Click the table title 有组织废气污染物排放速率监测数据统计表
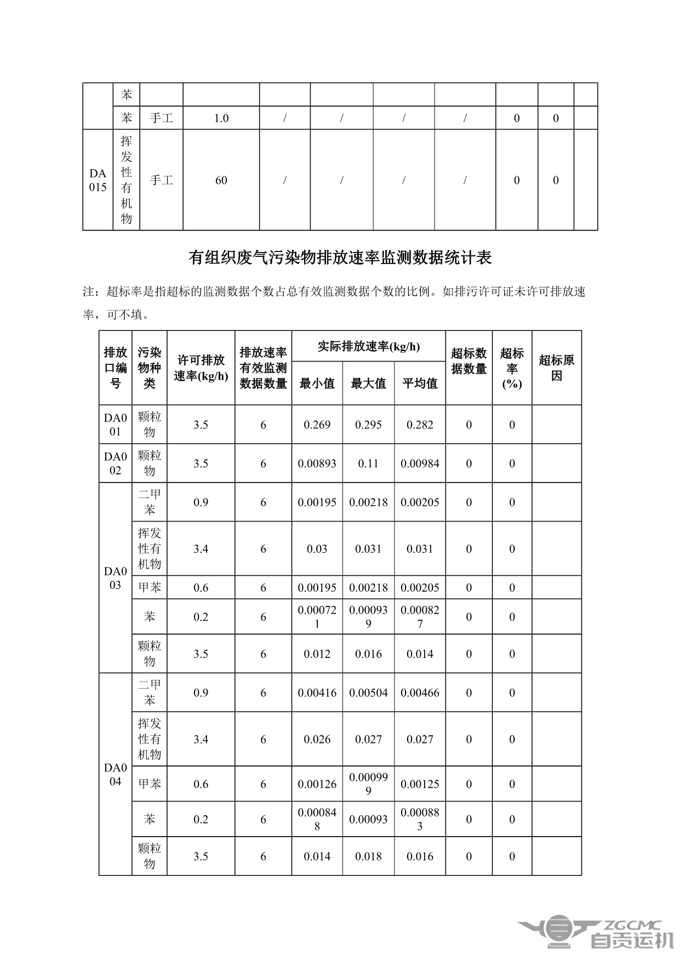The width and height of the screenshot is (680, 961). pos(340,258)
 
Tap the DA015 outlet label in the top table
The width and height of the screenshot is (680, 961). pos(98,180)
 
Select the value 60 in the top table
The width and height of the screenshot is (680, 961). pos(221,180)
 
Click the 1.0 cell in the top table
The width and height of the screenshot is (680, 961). pos(221,118)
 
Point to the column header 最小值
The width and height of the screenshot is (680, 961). pos(317,384)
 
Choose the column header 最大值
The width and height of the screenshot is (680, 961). pos(368,384)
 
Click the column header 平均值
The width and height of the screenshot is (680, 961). pos(420,384)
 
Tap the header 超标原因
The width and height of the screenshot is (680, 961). pos(556,368)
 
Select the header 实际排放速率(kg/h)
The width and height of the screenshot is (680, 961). pos(368,347)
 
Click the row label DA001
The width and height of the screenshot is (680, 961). pos(115,425)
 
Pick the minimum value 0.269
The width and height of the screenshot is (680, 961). pos(317,425)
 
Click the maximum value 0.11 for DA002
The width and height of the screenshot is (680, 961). pos(368,464)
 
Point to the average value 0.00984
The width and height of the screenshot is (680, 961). pos(420,464)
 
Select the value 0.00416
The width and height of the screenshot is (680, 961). pos(317,693)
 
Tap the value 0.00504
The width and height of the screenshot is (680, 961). pos(368,693)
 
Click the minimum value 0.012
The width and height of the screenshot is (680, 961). pos(317,654)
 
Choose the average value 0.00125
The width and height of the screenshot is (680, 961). pos(420,784)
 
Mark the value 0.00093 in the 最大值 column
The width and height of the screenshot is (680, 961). pos(368,819)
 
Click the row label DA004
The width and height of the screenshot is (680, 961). pos(115,774)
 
